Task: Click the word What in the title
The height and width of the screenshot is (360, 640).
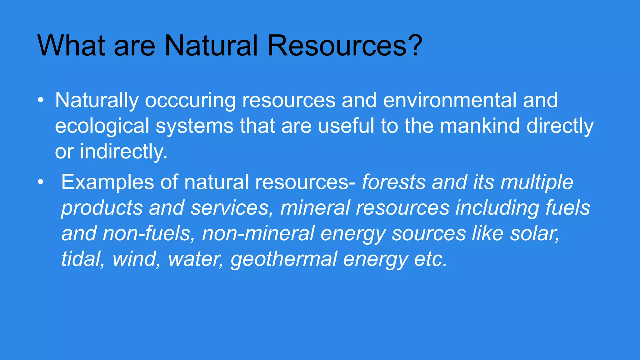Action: pyautogui.click(x=71, y=46)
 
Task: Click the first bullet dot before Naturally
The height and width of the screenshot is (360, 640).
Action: pyautogui.click(x=40, y=101)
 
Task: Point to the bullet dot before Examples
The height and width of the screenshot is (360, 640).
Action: pyautogui.click(x=40, y=182)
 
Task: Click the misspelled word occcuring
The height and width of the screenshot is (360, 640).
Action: pyautogui.click(x=190, y=101)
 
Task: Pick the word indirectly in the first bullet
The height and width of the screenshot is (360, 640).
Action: pyautogui.click(x=124, y=152)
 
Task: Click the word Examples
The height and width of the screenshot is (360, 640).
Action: pyautogui.click(x=107, y=182)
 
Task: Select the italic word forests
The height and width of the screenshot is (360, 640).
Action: pyautogui.click(x=393, y=182)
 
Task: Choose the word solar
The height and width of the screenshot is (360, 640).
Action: pyautogui.click(x=534, y=234)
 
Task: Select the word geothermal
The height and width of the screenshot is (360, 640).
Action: pyautogui.click(x=284, y=259)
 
